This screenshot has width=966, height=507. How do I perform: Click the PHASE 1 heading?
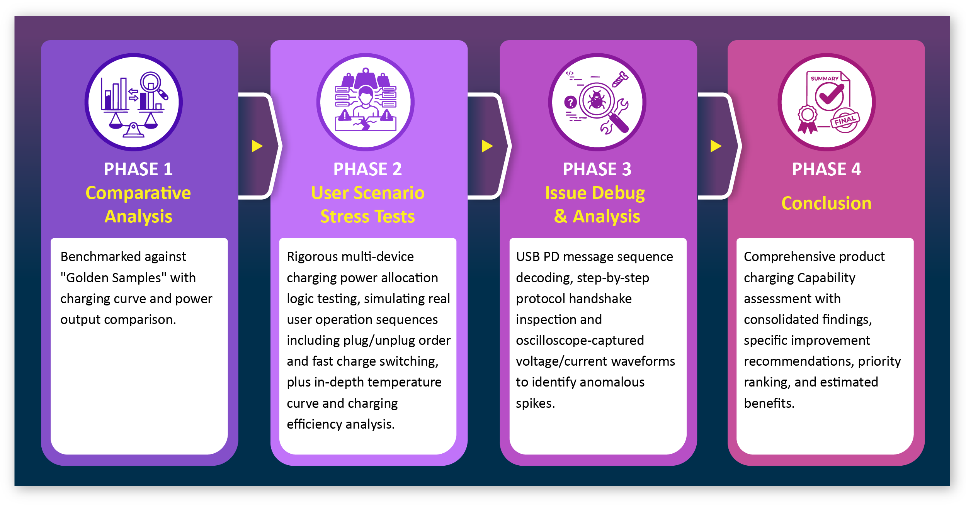(138, 169)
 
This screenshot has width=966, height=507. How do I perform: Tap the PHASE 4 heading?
(827, 169)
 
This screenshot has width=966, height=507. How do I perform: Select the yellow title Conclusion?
(827, 203)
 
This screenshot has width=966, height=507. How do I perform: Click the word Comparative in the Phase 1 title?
(138, 193)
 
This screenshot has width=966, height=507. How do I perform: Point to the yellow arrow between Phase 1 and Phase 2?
(257, 146)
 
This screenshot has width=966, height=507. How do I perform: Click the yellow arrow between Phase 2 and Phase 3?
(487, 146)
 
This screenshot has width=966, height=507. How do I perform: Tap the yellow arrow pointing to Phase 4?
(716, 146)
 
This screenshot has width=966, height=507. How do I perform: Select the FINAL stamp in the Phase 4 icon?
(845, 120)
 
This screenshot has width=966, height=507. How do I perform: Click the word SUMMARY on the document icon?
(825, 78)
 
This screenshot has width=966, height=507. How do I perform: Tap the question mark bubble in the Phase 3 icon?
(570, 102)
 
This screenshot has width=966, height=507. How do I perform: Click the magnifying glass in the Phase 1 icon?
(153, 86)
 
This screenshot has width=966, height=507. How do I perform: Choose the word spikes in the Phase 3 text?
(535, 404)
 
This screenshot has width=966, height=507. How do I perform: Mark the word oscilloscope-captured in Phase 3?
(580, 341)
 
